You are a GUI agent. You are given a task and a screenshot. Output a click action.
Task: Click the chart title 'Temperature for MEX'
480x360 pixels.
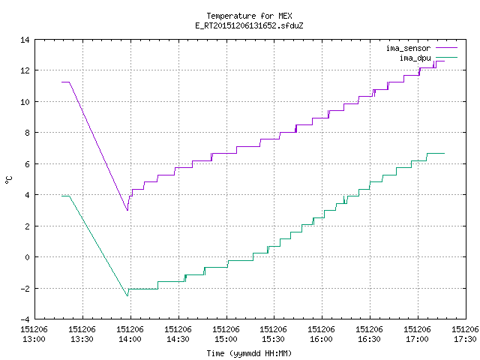click(249, 16)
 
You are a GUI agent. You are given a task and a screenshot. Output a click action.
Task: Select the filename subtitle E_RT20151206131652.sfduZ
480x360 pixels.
click(249, 25)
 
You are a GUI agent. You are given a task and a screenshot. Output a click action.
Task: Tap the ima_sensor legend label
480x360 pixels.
click(408, 48)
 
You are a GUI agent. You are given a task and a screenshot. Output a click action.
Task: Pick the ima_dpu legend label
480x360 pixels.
click(415, 58)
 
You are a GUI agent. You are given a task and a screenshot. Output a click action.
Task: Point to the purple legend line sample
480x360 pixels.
click(446, 48)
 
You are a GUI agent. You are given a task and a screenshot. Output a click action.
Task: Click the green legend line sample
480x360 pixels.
click(446, 57)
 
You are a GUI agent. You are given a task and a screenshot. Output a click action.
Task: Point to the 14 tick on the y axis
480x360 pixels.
click(25, 40)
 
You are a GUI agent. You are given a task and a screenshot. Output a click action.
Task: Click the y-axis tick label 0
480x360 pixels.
click(27, 257)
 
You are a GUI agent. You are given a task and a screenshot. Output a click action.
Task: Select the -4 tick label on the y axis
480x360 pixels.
click(25, 319)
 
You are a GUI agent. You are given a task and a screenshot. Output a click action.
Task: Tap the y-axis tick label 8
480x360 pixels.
click(27, 133)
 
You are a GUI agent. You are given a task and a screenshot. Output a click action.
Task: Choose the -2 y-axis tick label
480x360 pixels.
click(25, 288)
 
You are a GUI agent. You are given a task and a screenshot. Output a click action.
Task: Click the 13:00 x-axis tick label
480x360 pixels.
click(34, 334)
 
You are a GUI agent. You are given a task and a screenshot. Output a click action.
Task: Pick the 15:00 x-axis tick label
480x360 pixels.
click(226, 334)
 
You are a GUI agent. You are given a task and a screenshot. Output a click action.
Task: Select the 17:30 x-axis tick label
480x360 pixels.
click(465, 334)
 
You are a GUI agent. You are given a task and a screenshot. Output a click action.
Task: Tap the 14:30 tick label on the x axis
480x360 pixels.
click(178, 334)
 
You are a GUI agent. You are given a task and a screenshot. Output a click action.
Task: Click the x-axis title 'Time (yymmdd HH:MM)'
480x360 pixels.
click(249, 353)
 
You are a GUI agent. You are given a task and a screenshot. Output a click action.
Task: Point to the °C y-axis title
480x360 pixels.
click(8, 180)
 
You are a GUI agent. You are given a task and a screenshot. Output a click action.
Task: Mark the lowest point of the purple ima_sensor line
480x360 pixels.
click(127, 210)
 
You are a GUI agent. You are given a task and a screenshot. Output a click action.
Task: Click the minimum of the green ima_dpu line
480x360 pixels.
click(127, 296)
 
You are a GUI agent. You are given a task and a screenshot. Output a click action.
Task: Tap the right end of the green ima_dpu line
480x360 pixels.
click(445, 153)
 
